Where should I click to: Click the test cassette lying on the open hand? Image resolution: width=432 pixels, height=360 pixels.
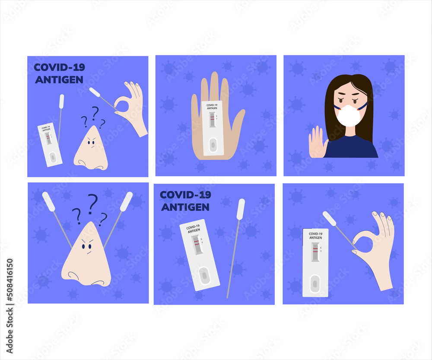pyautogui.click(x=213, y=128)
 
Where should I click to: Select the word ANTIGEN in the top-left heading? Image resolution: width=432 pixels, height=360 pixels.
pyautogui.click(x=59, y=80)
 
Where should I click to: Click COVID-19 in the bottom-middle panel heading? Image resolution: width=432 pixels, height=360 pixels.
pyautogui.click(x=186, y=195)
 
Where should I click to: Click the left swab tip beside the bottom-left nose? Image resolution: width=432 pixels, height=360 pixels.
pyautogui.click(x=48, y=201)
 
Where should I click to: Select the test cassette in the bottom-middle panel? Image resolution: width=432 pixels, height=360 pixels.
pyautogui.click(x=200, y=255)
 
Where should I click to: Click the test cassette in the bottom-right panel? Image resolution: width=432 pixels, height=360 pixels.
pyautogui.click(x=315, y=262)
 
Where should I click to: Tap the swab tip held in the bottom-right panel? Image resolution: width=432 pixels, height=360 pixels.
pyautogui.click(x=329, y=218)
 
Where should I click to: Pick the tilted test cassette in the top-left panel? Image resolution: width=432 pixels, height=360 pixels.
pyautogui.click(x=50, y=145)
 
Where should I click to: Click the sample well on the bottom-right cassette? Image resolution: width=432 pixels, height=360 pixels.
pyautogui.click(x=315, y=284)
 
